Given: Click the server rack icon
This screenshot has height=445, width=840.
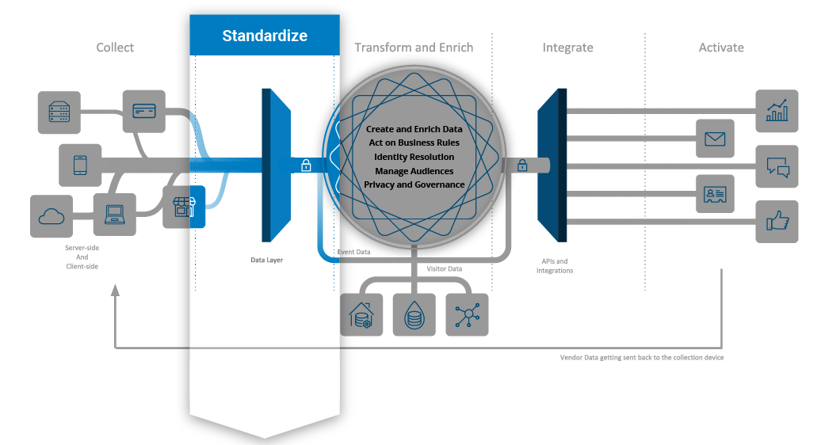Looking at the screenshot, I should tap(59, 112).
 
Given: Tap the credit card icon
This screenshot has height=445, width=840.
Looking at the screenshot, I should tap(143, 110).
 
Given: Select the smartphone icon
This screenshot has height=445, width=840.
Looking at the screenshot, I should tap(80, 165).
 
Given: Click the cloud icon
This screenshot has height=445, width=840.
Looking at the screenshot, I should tap(51, 215).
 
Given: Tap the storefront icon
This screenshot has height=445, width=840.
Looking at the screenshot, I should tap(184, 207).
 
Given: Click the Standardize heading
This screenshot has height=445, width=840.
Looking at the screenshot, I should tap(265, 36).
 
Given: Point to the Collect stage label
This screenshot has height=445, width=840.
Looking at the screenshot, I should tap(115, 48).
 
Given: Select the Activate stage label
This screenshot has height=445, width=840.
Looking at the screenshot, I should tap(721, 48).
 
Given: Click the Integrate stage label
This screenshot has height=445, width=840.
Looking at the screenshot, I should tap(567, 48).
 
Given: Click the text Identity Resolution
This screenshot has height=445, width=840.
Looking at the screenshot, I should tap(414, 157).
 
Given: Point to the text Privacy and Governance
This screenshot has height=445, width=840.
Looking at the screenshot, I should tap(414, 184).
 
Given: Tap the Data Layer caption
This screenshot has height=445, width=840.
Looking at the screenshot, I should tap(266, 260).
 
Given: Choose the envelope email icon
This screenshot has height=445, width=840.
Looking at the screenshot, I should tap(716, 139).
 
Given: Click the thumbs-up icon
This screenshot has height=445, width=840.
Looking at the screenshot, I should tap(777, 222).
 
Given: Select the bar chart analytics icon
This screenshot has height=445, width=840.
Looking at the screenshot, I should tap(777, 111).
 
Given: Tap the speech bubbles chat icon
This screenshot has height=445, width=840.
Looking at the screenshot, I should tap(777, 166).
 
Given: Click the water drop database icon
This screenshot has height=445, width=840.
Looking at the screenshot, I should tap(414, 315).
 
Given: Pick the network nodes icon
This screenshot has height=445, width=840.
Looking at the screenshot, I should tap(467, 315).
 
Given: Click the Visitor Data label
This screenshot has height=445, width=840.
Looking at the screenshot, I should tap(445, 269).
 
